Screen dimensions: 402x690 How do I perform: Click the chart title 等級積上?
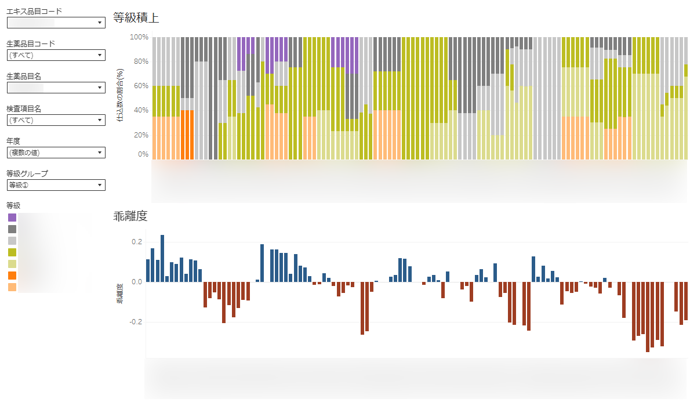(136, 18)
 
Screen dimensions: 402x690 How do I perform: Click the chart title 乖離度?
(130, 217)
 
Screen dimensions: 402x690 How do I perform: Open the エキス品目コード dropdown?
(56, 23)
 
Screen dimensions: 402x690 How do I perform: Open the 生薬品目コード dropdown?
(56, 55)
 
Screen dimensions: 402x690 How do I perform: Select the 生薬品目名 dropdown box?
(56, 88)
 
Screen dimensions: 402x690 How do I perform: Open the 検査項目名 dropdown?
(56, 120)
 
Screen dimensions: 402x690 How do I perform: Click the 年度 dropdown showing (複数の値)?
(56, 153)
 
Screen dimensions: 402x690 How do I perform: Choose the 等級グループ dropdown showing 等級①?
(56, 185)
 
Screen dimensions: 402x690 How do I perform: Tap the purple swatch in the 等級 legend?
(12, 218)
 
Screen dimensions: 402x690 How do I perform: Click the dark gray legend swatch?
(12, 229)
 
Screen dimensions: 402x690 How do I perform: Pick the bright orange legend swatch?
(12, 275)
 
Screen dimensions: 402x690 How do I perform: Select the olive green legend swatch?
(12, 252)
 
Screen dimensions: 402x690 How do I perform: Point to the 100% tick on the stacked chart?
(139, 37)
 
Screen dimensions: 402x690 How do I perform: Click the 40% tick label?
(141, 110)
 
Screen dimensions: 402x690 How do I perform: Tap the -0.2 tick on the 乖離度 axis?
(136, 322)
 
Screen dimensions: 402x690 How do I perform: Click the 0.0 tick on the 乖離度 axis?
(137, 282)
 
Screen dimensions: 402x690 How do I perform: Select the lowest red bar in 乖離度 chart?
(648, 317)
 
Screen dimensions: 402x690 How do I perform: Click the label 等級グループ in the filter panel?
(27, 173)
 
